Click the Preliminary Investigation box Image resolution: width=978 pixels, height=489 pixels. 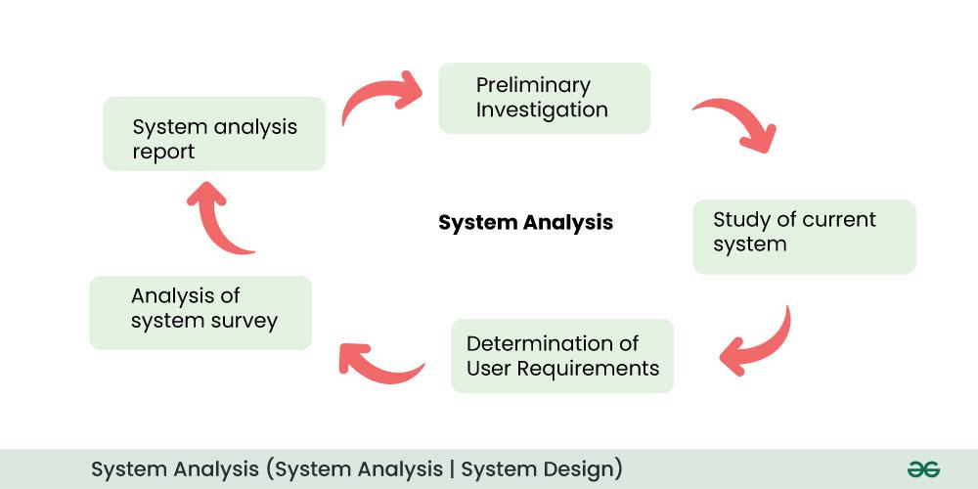click(x=544, y=98)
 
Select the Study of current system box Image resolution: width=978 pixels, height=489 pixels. click(x=804, y=237)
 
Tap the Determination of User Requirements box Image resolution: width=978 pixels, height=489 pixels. click(x=562, y=356)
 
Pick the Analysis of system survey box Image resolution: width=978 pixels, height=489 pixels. click(x=200, y=313)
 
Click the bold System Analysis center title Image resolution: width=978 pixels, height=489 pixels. click(x=525, y=223)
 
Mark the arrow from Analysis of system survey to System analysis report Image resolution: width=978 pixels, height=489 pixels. click(x=217, y=217)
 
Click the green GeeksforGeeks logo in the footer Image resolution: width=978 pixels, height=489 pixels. click(x=922, y=469)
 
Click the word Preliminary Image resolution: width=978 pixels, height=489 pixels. click(x=533, y=85)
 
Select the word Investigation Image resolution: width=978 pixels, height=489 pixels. click(x=542, y=111)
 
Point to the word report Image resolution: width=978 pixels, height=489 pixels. click(x=163, y=152)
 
